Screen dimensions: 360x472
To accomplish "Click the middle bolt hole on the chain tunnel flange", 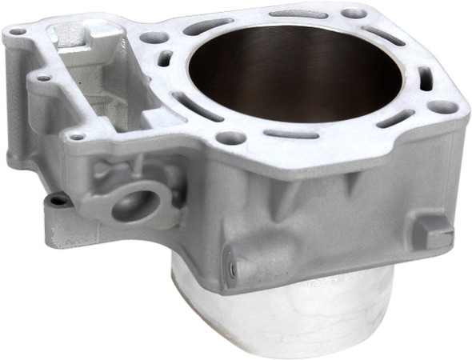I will click(42, 78).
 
